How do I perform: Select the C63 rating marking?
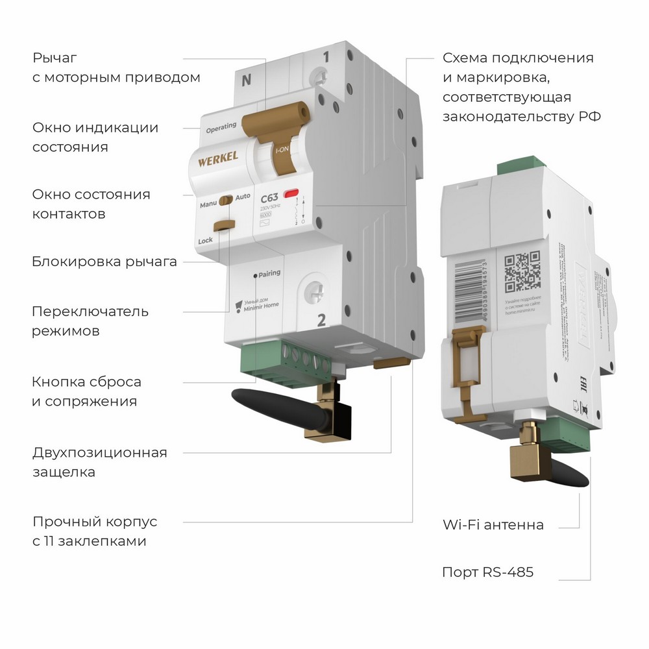point(269,199)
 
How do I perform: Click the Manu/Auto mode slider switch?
point(225,200)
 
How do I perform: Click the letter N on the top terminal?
point(246,81)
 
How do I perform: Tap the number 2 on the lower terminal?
point(321,319)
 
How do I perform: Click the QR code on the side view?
point(522,271)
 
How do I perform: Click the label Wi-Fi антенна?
point(493,524)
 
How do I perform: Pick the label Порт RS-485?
point(487,572)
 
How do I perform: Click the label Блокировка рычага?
point(104,262)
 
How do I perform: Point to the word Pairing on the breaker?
point(269,273)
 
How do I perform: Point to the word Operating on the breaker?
point(221,128)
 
